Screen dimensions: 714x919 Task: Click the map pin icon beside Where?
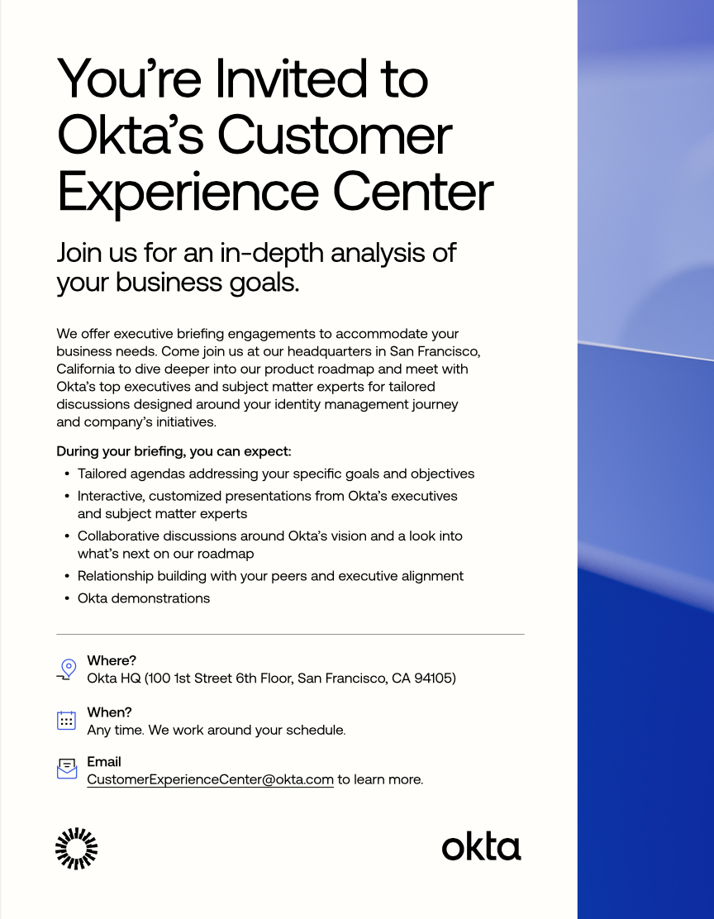click(68, 669)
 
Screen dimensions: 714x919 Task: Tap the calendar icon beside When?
click(66, 721)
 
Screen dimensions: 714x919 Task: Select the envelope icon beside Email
click(67, 769)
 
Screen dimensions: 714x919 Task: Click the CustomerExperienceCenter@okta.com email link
click(210, 779)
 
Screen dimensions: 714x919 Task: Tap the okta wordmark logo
click(481, 847)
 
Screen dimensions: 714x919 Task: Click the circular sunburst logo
click(76, 848)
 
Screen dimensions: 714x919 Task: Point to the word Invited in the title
click(292, 79)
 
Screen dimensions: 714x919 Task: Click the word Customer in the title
click(335, 136)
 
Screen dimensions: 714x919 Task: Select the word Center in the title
click(413, 192)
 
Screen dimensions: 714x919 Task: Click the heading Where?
click(112, 660)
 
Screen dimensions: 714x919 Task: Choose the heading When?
click(110, 712)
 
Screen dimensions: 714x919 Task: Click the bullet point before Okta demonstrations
click(67, 598)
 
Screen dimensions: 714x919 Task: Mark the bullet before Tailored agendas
click(67, 474)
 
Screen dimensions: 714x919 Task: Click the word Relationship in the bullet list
click(112, 576)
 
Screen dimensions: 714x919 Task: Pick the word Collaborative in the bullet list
click(118, 536)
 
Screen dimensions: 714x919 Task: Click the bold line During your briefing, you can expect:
click(174, 451)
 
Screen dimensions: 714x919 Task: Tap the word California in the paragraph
click(86, 369)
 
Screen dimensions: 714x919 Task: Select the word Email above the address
click(104, 761)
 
